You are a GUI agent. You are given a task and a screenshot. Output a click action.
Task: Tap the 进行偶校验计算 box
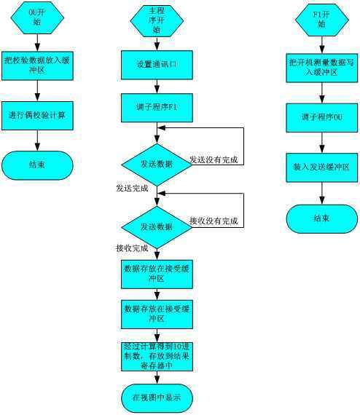pos(37,116)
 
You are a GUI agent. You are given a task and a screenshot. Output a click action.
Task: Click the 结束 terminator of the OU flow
pos(37,165)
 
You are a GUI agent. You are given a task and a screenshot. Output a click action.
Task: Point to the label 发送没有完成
pos(215,159)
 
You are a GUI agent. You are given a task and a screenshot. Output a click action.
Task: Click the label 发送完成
pos(132,188)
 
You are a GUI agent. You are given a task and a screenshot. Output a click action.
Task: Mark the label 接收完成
pos(132,248)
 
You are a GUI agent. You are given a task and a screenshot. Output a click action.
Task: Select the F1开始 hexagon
pos(321,20)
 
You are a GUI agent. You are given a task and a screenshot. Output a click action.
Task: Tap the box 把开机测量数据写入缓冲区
pos(321,67)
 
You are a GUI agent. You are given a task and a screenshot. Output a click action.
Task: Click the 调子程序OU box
pos(321,116)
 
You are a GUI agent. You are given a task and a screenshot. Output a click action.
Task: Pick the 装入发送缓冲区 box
pos(321,167)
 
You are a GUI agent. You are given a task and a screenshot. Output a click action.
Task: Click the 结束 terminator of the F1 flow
pos(321,217)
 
